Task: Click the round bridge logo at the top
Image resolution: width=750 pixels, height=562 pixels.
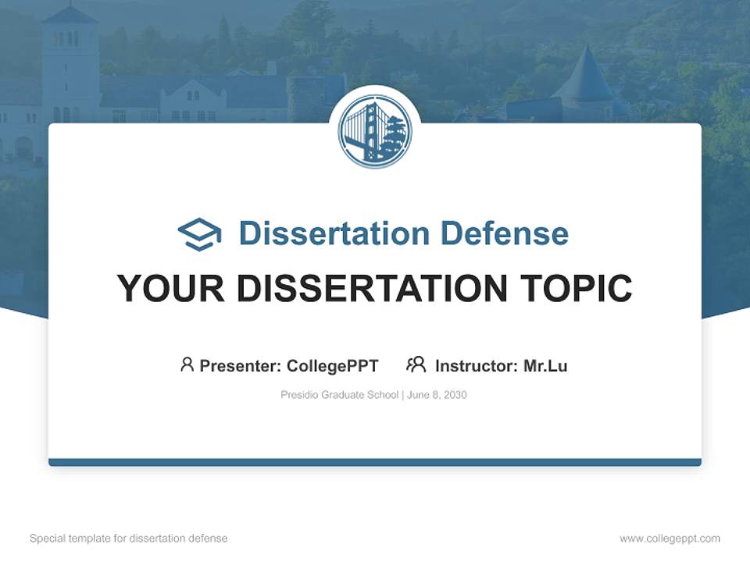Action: click(375, 131)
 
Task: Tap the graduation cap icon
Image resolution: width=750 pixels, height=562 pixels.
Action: click(199, 234)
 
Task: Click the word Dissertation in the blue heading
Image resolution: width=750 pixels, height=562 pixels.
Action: click(334, 233)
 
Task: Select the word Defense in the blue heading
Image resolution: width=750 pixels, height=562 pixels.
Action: click(505, 233)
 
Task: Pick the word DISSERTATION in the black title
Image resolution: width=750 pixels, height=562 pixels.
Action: click(372, 288)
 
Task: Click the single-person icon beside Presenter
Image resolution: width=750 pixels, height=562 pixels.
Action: click(187, 365)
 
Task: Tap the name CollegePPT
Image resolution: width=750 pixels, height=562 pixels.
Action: click(333, 365)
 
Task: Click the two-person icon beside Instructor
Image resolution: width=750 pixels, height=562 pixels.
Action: click(416, 365)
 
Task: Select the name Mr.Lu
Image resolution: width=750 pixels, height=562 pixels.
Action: click(546, 365)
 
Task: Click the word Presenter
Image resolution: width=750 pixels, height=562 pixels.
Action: click(240, 365)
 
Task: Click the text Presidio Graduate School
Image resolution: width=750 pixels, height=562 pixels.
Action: click(339, 395)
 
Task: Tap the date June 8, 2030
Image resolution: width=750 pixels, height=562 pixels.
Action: click(437, 395)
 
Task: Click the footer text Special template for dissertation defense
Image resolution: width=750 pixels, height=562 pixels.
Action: click(129, 539)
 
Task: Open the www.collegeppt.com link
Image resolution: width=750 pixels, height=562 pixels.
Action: click(670, 539)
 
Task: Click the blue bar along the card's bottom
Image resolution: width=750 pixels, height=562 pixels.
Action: click(375, 462)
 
